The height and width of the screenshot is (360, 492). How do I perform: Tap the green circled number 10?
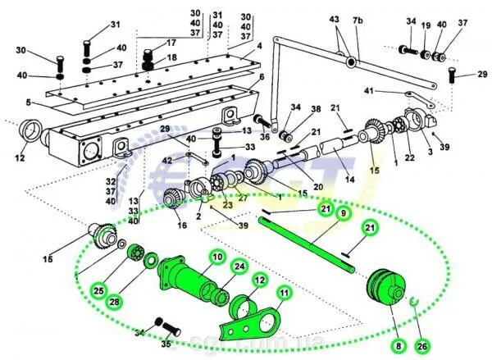pos(196,257)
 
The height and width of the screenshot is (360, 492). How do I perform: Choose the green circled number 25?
pos(98,290)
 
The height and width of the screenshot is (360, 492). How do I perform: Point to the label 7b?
pos(358,18)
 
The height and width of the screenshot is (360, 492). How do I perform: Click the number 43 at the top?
pos(334,18)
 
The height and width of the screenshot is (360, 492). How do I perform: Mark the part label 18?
pos(171,58)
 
